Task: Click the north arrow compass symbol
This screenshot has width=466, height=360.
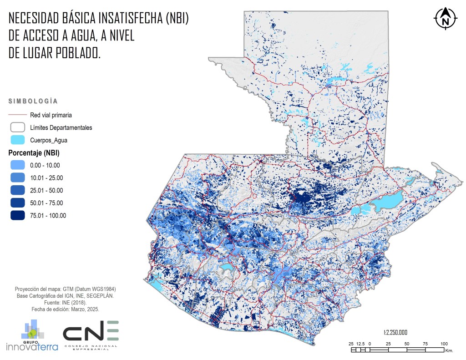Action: pyautogui.click(x=446, y=20)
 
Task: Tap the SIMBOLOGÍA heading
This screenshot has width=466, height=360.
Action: pyautogui.click(x=33, y=101)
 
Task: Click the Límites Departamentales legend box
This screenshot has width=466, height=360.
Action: pyautogui.click(x=18, y=127)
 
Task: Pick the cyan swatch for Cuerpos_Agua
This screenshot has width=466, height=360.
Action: pyautogui.click(x=18, y=140)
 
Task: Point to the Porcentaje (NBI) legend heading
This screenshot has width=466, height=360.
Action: pyautogui.click(x=34, y=152)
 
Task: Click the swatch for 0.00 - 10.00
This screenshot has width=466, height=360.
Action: pyautogui.click(x=18, y=165)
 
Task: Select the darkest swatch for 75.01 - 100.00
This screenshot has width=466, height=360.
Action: pyautogui.click(x=18, y=216)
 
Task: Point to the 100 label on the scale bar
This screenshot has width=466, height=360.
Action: pyautogui.click(x=444, y=344)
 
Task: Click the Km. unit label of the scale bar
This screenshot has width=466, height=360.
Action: pyautogui.click(x=449, y=350)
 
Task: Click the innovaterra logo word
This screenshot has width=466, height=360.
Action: pyautogui.click(x=32, y=347)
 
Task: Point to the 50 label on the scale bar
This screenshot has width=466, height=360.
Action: pyautogui.click(x=406, y=344)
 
